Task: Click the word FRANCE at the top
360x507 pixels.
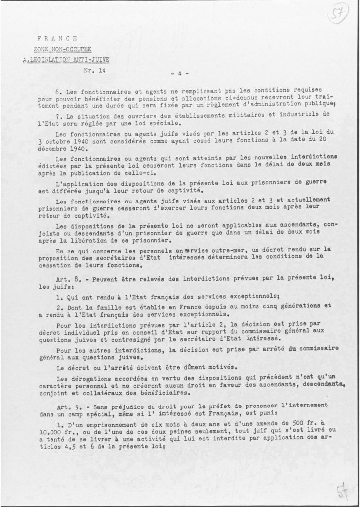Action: coord(57,38)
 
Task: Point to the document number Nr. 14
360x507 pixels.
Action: coord(95,71)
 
